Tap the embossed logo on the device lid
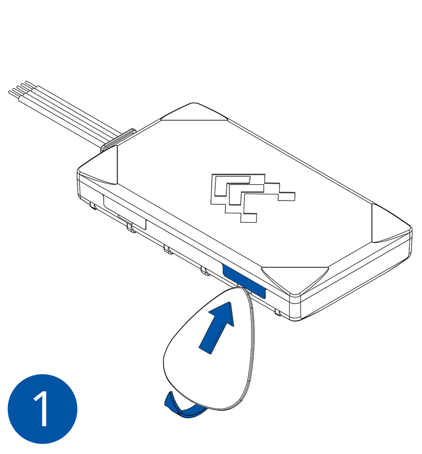(248, 195)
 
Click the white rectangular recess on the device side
(124, 211)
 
